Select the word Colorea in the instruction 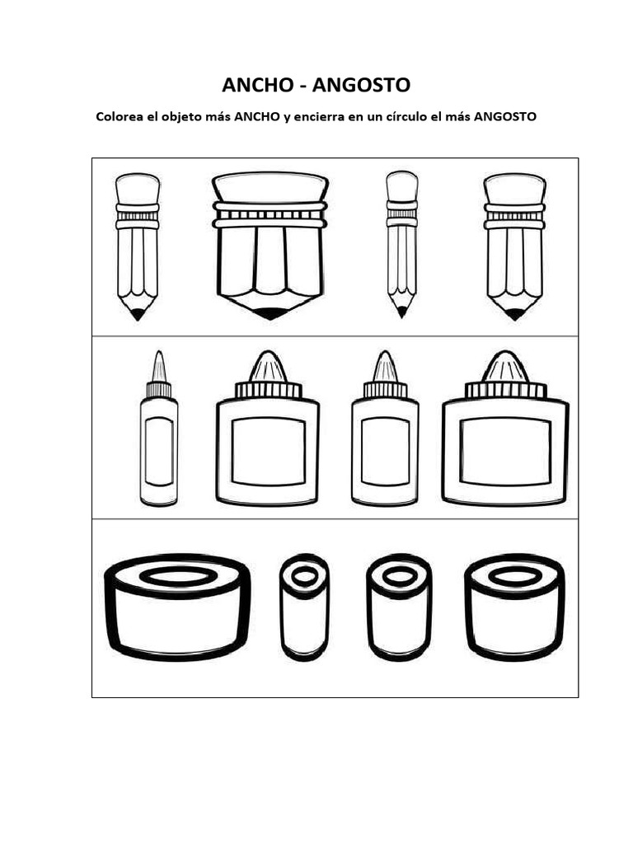(121, 117)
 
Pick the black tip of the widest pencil (270, 314)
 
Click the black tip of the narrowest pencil (401, 312)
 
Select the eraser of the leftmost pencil (138, 187)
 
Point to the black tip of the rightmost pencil (514, 314)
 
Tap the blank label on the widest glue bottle (505, 451)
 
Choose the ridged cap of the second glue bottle (267, 390)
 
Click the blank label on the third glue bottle (385, 450)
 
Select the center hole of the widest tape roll (178, 575)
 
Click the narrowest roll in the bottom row (304, 608)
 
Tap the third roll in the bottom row (399, 608)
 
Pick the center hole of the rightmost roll (513, 576)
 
